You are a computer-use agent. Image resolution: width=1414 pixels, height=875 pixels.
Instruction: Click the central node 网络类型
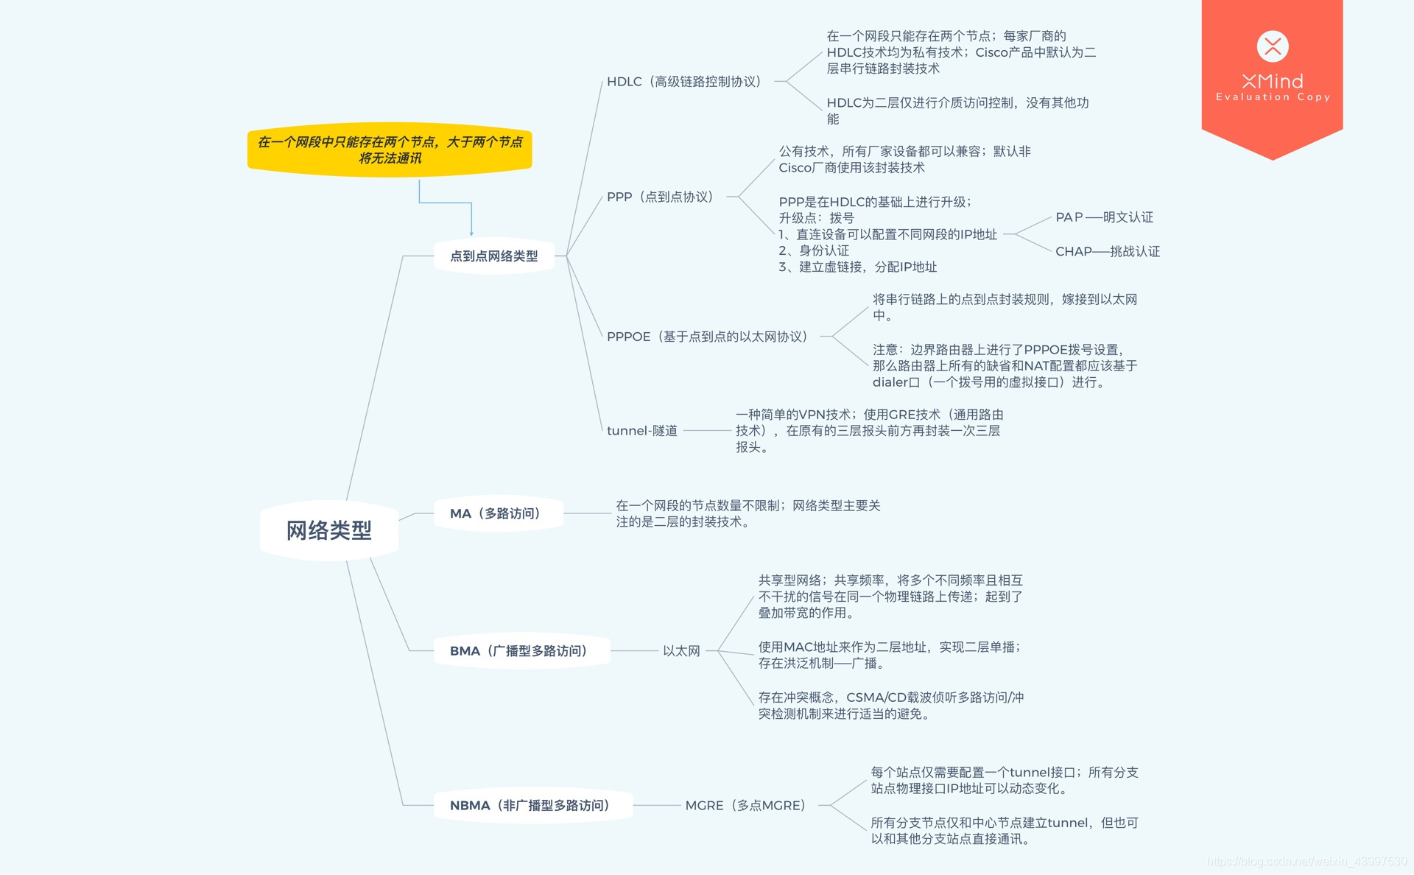(328, 530)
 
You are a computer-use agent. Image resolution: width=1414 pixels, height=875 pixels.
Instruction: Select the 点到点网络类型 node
(493, 256)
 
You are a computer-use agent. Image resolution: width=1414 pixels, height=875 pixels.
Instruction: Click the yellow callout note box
(390, 150)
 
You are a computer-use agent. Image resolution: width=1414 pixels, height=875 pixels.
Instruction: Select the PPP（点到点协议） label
(661, 197)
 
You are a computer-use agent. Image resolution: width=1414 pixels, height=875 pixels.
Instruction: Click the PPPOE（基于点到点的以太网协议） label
(708, 337)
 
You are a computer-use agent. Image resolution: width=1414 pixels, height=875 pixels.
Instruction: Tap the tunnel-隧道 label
(642, 431)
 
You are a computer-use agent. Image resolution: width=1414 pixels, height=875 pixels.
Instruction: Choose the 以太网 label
(681, 651)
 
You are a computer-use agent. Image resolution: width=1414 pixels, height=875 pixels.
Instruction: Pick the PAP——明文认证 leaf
(1104, 217)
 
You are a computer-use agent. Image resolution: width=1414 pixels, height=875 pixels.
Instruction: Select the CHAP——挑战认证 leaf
(1107, 252)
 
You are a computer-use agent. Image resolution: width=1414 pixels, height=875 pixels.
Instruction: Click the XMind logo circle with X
(1273, 46)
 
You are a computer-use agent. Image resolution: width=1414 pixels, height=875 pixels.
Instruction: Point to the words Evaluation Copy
(1273, 97)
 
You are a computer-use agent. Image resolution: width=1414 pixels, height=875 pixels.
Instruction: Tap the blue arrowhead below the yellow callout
(471, 233)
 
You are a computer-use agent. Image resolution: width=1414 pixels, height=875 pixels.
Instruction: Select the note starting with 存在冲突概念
(890, 706)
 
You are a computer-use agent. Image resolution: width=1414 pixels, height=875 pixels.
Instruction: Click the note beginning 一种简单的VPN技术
(869, 431)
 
